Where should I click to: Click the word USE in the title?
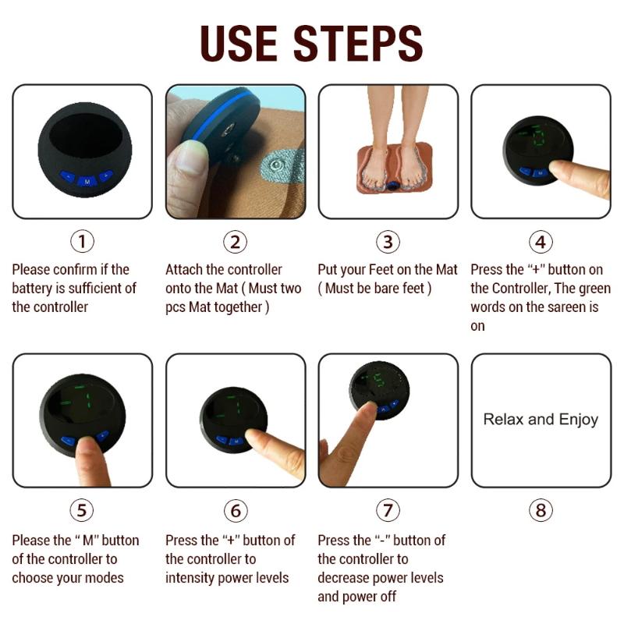coord(239,43)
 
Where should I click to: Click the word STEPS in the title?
coord(358,43)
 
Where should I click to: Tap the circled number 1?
coord(83,242)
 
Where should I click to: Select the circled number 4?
coord(541,242)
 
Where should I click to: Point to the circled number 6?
coord(236,511)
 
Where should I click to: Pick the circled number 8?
coord(541,510)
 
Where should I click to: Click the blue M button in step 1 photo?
coord(87,182)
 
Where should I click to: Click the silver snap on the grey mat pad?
coord(275,165)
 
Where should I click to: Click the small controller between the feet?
coord(393,185)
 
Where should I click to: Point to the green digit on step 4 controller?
coord(538,135)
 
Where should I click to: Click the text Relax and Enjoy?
coord(541,420)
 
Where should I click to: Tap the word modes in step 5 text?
coord(107,577)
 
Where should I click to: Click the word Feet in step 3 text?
coord(381,269)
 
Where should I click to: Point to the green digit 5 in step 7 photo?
coord(379,381)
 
